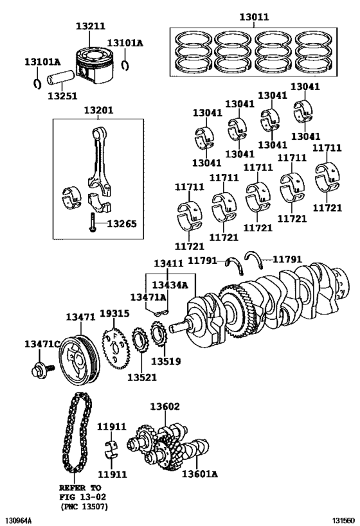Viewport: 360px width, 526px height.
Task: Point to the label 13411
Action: click(168, 263)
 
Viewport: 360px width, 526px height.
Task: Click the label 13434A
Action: click(170, 285)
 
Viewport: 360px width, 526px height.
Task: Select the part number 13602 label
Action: click(165, 407)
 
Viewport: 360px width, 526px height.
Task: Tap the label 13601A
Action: click(199, 474)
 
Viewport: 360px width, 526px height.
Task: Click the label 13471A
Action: click(148, 297)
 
